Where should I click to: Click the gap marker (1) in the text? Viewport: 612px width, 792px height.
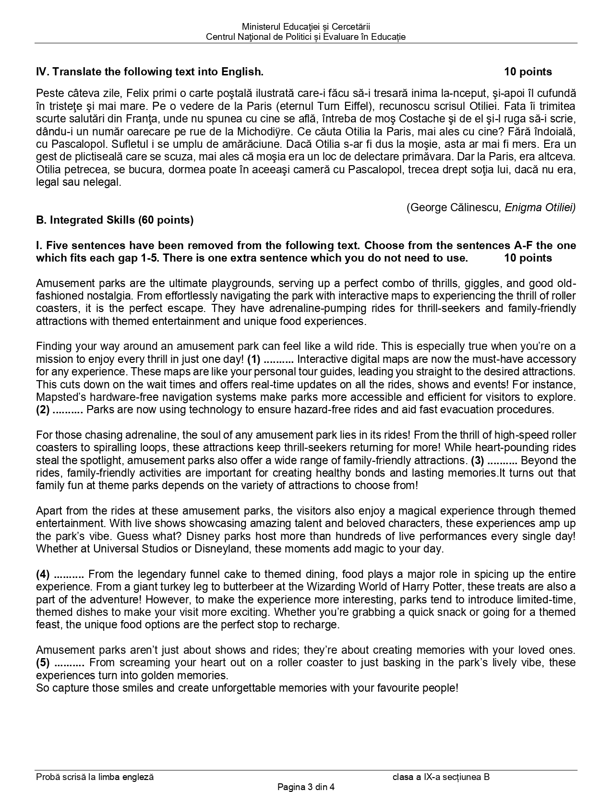tap(254, 359)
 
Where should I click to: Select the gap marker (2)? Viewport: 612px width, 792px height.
tap(43, 409)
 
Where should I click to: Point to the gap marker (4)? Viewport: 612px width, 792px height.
tap(43, 574)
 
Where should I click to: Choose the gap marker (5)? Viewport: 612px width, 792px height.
tap(43, 662)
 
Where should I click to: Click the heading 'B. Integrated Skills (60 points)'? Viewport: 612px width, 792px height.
tap(115, 220)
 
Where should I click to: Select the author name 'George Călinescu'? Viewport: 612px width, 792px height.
tap(456, 207)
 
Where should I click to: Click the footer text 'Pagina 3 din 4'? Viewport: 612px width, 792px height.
tap(306, 787)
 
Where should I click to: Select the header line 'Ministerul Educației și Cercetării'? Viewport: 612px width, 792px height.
tap(306, 27)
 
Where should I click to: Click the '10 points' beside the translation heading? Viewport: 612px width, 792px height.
tap(528, 72)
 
